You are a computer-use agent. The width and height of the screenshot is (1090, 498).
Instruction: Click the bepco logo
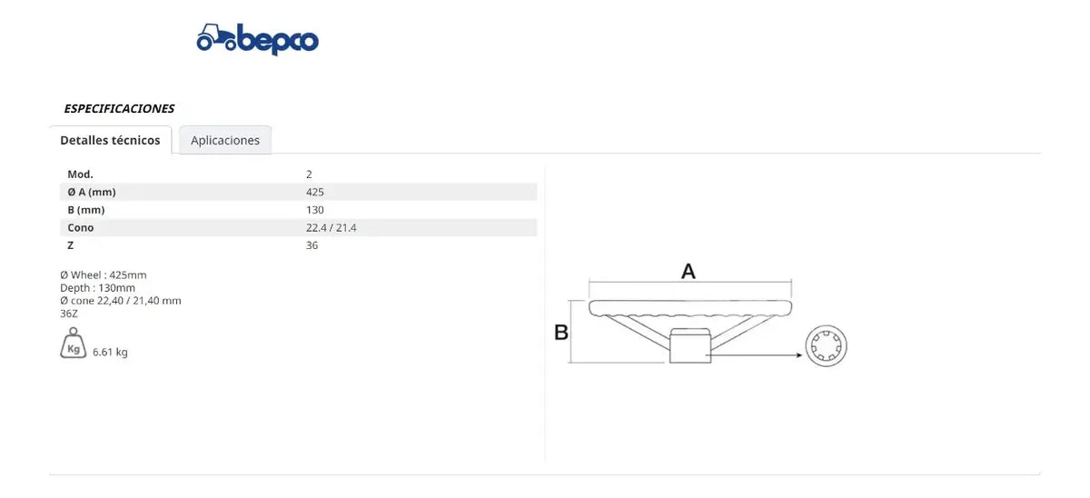click(257, 39)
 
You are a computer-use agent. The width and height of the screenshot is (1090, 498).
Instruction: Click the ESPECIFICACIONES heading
click(119, 108)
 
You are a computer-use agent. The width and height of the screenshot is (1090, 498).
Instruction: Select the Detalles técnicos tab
click(110, 140)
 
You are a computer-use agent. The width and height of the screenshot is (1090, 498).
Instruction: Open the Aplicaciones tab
click(225, 140)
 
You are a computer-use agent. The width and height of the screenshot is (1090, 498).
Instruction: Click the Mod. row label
click(80, 174)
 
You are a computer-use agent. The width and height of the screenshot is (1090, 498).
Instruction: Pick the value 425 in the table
click(315, 192)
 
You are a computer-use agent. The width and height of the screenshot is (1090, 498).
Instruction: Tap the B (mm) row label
click(86, 210)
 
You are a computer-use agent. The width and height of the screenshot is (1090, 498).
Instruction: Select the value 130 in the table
click(315, 210)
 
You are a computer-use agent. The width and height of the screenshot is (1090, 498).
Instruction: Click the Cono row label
click(80, 228)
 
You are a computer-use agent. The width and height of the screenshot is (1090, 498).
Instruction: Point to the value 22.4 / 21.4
click(331, 228)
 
